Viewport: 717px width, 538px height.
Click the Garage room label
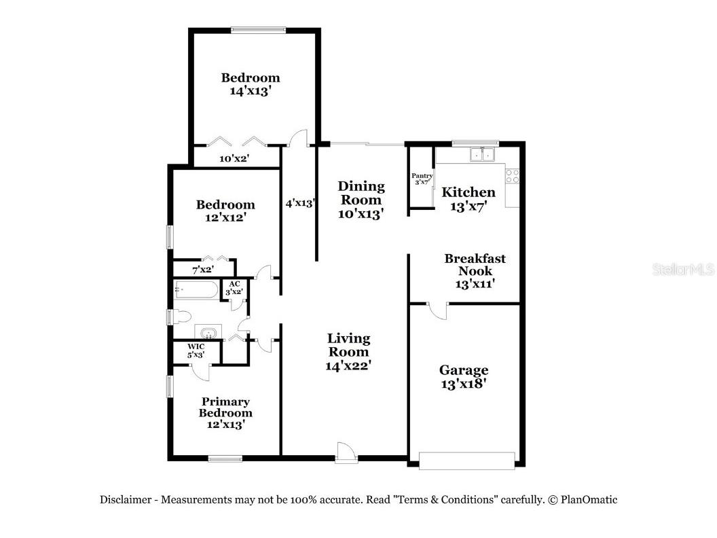click(x=463, y=376)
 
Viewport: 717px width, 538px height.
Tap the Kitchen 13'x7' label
click(x=468, y=198)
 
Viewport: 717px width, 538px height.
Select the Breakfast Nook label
click(x=475, y=270)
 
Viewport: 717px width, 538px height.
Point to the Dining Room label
click(x=361, y=199)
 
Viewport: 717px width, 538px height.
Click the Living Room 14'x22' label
click(x=348, y=351)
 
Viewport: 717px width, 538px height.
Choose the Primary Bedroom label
click(x=225, y=412)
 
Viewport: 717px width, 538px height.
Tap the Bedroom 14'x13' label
click(x=251, y=84)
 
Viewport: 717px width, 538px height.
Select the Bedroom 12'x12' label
click(x=225, y=211)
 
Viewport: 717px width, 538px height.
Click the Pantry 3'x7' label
click(x=422, y=179)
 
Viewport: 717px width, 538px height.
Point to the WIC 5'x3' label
click(x=196, y=350)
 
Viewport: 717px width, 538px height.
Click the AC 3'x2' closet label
click(x=235, y=287)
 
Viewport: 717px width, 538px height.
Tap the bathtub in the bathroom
click(x=196, y=290)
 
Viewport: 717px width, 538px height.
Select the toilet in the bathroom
click(x=182, y=317)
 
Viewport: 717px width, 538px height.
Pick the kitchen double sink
click(x=483, y=155)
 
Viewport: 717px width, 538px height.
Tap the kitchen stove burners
click(x=513, y=176)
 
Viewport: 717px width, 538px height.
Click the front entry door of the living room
click(x=346, y=452)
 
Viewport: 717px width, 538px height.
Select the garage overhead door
click(x=466, y=461)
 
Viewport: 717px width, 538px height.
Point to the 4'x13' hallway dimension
click(x=299, y=202)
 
